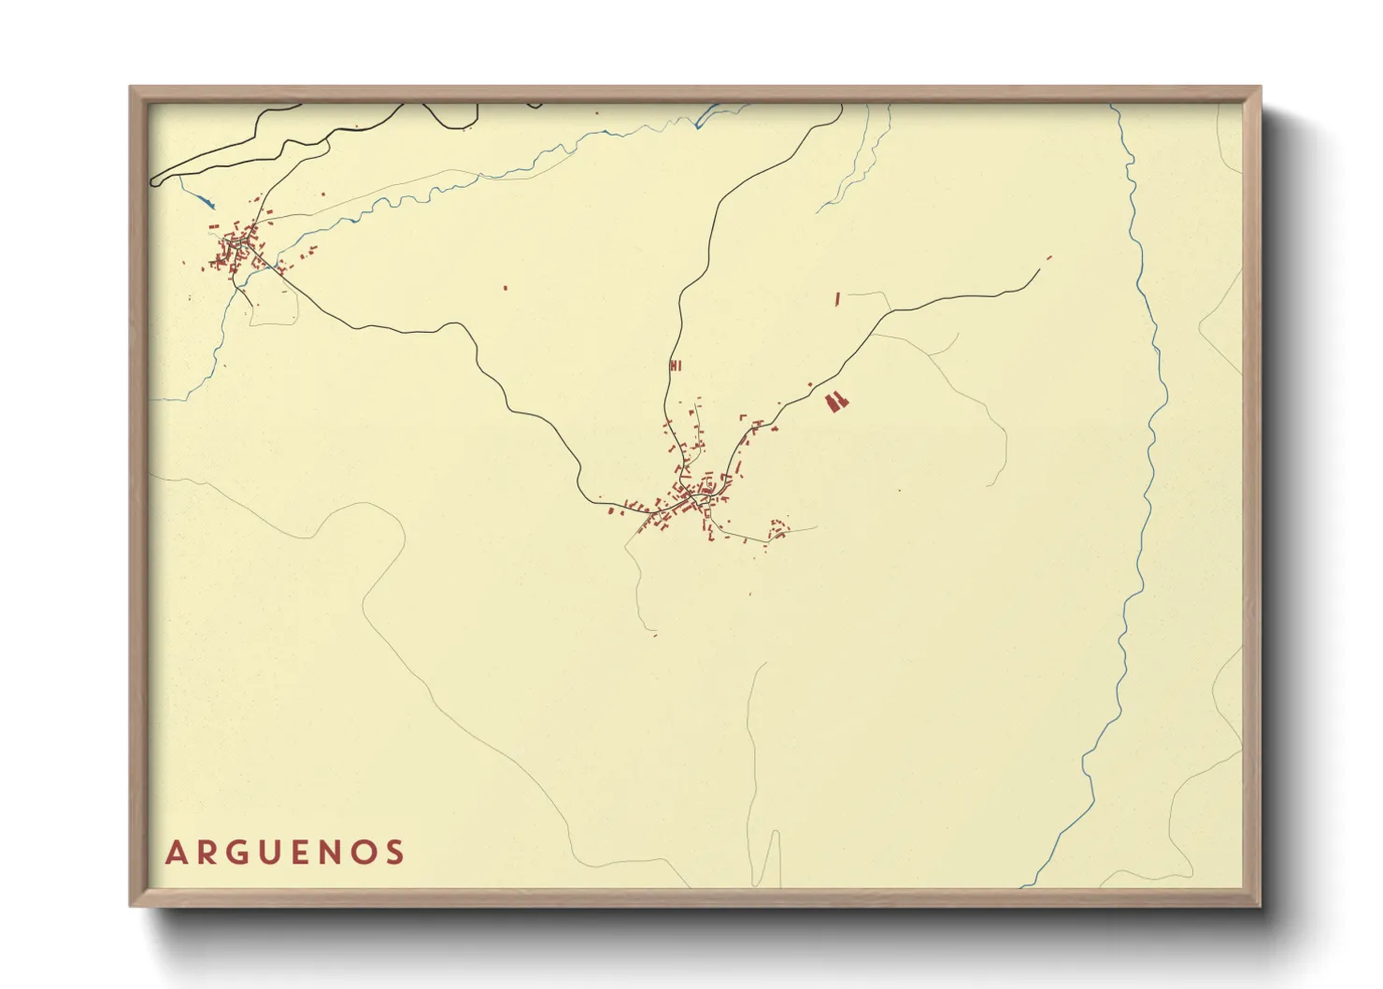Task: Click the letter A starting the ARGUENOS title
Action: pos(175,853)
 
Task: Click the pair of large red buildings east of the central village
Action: pos(836,402)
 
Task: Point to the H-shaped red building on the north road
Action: pos(675,365)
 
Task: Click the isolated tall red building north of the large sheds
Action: pos(837,299)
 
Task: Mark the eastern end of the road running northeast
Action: pos(1038,271)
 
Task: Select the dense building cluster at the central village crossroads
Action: pos(696,495)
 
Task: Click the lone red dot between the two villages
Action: pos(505,288)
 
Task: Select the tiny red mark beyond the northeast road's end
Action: pos(1049,257)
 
